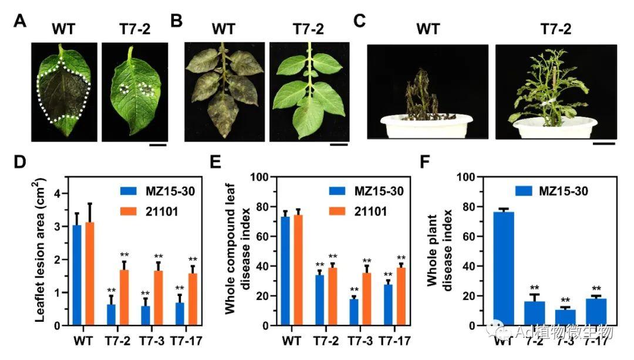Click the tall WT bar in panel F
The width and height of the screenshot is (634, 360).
click(504, 268)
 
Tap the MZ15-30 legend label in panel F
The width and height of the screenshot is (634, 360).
click(561, 190)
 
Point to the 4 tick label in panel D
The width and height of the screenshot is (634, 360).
click(58, 193)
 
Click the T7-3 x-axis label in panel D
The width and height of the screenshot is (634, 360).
click(149, 341)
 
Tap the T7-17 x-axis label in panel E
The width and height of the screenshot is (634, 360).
click(394, 341)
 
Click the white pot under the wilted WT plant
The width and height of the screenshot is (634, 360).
click(427, 126)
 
